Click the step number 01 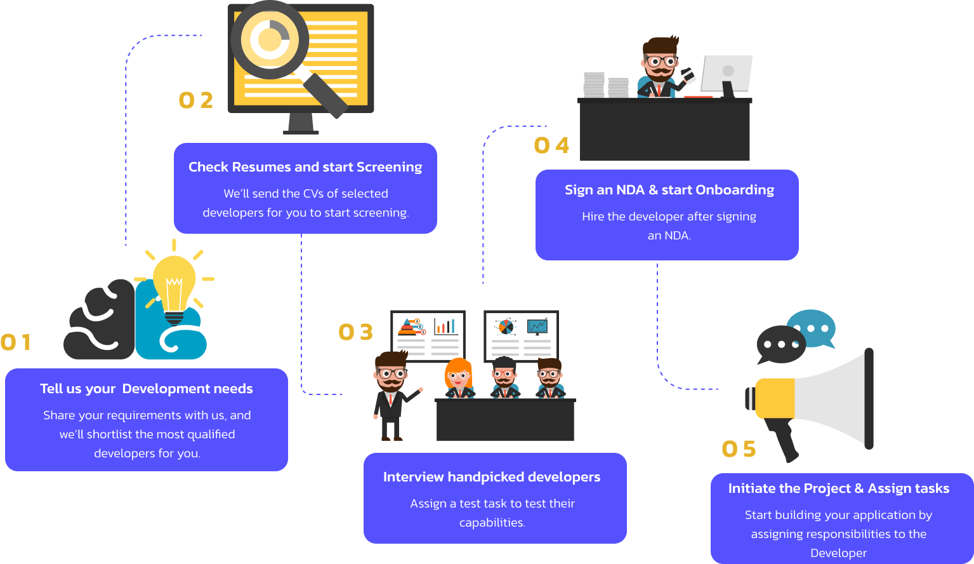pyautogui.click(x=16, y=342)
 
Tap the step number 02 pyautogui.click(x=195, y=100)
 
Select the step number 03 pyautogui.click(x=355, y=332)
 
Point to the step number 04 pyautogui.click(x=551, y=145)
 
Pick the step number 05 pyautogui.click(x=739, y=449)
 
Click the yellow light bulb pyautogui.click(x=174, y=283)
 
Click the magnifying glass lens pyautogui.click(x=270, y=40)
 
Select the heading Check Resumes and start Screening pyautogui.click(x=305, y=167)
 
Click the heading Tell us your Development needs pyautogui.click(x=147, y=389)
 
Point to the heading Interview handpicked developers pyautogui.click(x=492, y=477)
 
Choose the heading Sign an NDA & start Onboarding pyautogui.click(x=669, y=190)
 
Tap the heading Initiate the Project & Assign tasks pyautogui.click(x=838, y=488)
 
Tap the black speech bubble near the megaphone pyautogui.click(x=779, y=344)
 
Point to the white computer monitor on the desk pyautogui.click(x=727, y=73)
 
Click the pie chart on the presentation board pyautogui.click(x=506, y=327)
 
